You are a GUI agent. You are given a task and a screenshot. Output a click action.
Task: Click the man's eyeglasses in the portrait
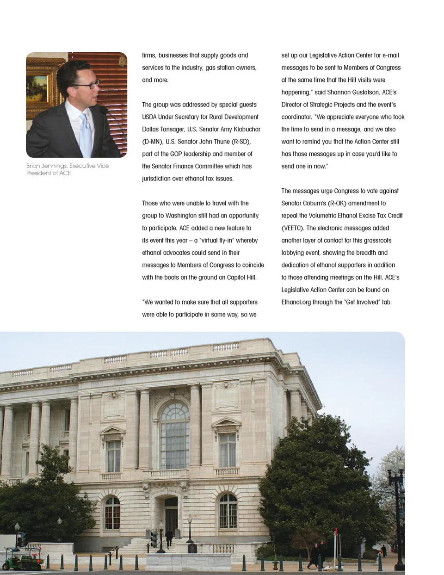coord(88,85)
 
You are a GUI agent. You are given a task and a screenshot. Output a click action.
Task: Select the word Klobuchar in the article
coord(247,129)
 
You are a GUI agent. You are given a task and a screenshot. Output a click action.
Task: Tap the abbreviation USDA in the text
coord(149,117)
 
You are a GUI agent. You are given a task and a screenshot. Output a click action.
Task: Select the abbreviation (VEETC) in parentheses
coord(293,228)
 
